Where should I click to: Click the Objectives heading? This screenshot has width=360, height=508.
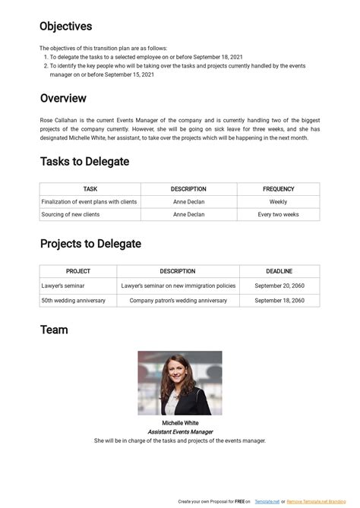point(66,27)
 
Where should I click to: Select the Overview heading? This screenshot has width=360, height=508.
point(63,99)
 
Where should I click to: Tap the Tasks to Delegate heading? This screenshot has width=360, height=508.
point(84,162)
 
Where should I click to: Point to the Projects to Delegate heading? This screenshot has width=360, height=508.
point(90,244)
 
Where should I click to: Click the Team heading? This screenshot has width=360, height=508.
point(54,330)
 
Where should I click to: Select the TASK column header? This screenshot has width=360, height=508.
point(90,189)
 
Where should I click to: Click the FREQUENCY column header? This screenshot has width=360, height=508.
point(278,189)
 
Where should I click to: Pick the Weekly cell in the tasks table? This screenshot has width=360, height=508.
point(278,202)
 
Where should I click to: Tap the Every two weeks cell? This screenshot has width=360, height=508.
point(278,215)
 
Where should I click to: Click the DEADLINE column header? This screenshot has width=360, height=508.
point(279,271)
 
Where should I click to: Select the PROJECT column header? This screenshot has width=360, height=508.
point(78,271)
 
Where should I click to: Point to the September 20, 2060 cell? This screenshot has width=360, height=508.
point(279,286)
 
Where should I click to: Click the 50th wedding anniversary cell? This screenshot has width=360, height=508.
point(74,301)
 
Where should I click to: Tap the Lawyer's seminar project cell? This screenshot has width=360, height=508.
point(63,286)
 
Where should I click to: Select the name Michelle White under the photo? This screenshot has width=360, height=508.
point(180,423)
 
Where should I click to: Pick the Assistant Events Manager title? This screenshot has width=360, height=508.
point(180,432)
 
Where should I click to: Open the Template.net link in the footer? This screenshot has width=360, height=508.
point(266,502)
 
